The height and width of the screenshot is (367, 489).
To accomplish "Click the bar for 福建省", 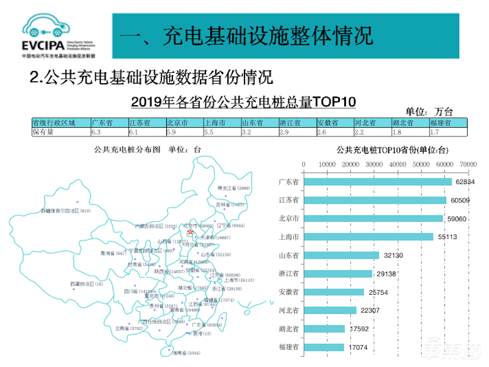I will click(x=323, y=347).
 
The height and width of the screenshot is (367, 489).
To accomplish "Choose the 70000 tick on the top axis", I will click(x=468, y=164).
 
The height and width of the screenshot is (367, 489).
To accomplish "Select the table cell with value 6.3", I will click(x=109, y=132).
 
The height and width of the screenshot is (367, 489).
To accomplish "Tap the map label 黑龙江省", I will click(x=233, y=188).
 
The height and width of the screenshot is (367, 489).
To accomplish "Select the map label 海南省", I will click(x=185, y=353).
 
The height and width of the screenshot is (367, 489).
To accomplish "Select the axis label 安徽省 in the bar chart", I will click(x=289, y=292).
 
